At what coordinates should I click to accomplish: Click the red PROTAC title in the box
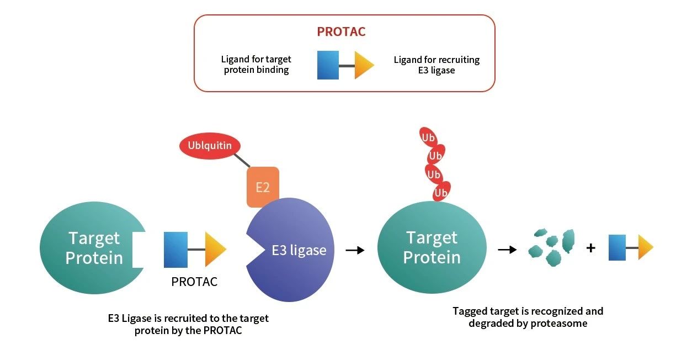[x=341, y=31]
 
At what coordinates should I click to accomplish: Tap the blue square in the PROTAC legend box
[x=328, y=65]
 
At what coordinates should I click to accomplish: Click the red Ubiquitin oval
[x=210, y=146]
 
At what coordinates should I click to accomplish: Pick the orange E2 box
[x=263, y=187]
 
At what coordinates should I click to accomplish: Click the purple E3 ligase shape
[x=290, y=250]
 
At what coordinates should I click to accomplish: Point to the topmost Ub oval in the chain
[x=428, y=137]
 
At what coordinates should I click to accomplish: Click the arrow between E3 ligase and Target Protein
[x=355, y=250]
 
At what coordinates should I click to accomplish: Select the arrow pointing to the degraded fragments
[x=507, y=249]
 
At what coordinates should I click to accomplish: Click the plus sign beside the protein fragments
[x=590, y=248]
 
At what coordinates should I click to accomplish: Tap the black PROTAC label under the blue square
[x=194, y=282]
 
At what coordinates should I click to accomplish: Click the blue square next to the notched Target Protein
[x=175, y=250]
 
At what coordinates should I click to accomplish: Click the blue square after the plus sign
[x=617, y=247]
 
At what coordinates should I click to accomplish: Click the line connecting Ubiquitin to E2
[x=242, y=161]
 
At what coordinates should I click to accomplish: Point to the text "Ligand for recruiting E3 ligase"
[x=437, y=65]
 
